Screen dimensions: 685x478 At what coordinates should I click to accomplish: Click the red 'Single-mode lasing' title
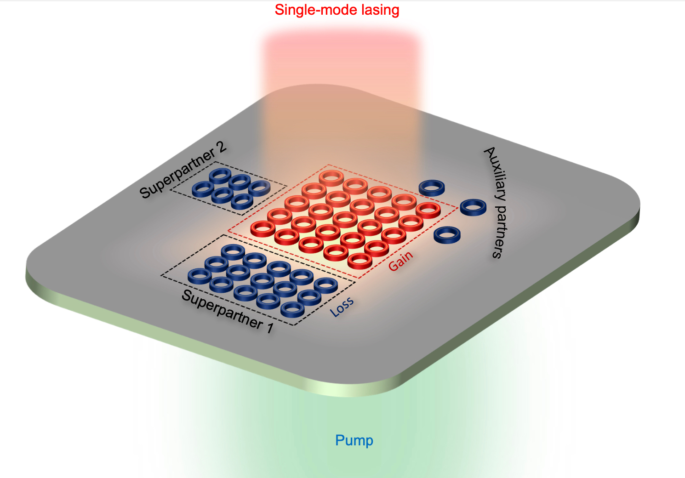pos(337,10)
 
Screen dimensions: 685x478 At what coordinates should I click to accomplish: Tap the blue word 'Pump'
pos(354,441)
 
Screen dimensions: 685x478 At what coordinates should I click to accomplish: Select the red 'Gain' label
pos(401,261)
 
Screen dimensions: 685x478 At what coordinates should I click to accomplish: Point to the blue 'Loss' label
pos(342,306)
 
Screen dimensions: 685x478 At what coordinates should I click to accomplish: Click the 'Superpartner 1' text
pos(228,311)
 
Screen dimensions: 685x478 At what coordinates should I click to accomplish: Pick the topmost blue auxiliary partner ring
pos(432,188)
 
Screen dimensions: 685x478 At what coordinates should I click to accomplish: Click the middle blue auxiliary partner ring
pos(473,207)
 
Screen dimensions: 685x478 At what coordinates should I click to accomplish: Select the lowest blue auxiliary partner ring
pos(447,234)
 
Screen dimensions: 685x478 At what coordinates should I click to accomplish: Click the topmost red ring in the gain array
pos(331,178)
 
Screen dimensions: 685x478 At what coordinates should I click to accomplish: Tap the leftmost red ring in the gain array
pos(263,228)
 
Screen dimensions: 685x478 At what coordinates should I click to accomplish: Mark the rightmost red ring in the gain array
pos(428,210)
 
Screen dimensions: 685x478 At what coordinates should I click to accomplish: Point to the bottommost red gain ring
pos(360,261)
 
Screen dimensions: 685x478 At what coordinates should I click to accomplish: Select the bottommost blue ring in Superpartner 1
pos(292,309)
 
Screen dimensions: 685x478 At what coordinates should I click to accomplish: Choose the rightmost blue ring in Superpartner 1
pos(325,285)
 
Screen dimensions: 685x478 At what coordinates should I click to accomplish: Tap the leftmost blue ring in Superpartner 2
pos(203,189)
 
